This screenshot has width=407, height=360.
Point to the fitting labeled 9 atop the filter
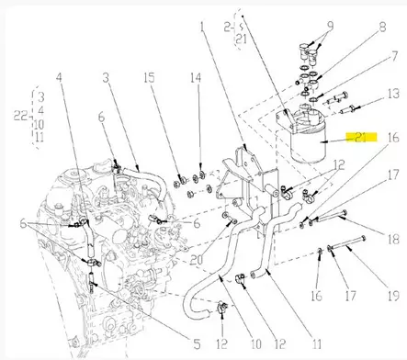[x=307, y=47]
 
